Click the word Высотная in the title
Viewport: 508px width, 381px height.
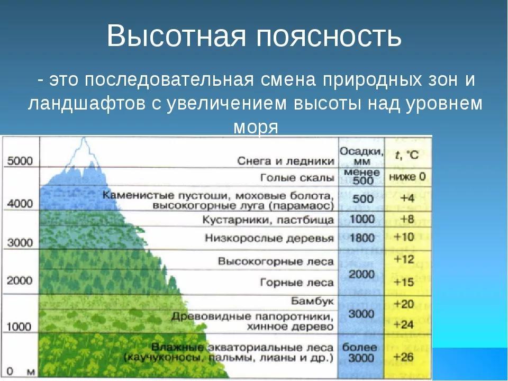coord(177,35)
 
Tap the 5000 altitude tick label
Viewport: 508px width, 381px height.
coord(20,161)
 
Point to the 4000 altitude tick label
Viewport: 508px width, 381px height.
coord(20,203)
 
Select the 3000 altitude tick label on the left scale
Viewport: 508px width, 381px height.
coord(20,242)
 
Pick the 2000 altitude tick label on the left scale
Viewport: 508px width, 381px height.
coord(20,280)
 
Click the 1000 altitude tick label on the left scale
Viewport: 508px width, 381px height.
coord(20,326)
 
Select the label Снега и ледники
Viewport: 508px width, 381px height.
coord(285,161)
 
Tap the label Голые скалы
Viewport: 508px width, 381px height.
coord(297,178)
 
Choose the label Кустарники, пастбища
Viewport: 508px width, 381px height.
coord(268,220)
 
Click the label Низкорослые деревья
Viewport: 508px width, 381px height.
coord(269,238)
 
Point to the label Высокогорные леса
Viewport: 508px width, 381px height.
coord(276,261)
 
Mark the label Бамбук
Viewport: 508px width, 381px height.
coord(312,301)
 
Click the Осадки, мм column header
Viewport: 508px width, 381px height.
coord(361,156)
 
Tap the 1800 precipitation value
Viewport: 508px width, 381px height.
coord(362,238)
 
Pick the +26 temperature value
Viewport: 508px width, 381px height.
coord(404,357)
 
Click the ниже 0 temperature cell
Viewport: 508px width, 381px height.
coord(407,177)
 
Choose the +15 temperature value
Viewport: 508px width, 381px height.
coord(404,282)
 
